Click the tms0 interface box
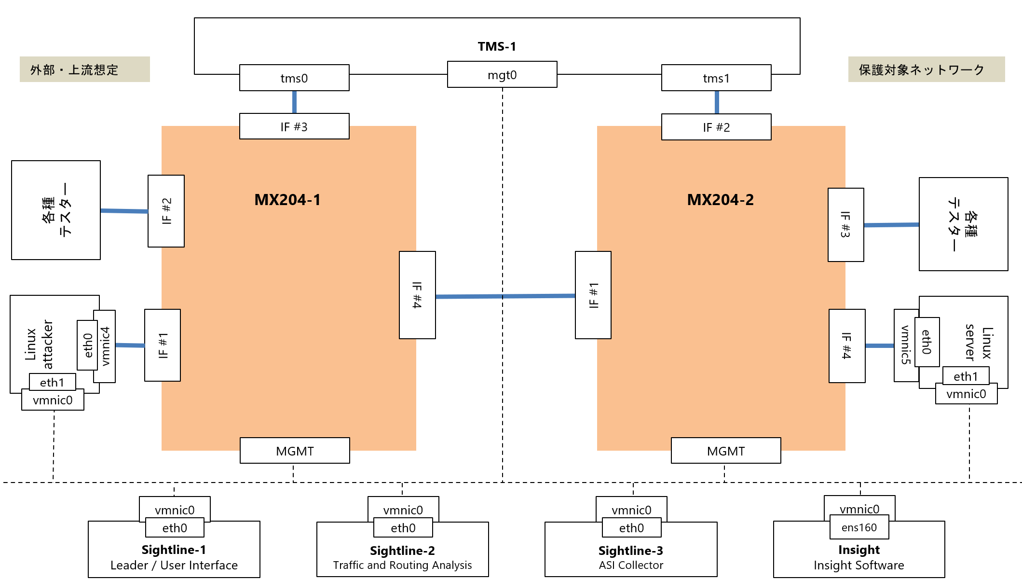294,78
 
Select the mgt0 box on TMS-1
502,75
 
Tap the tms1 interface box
716,78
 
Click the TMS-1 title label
497,46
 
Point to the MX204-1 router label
287,200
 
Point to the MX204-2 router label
720,200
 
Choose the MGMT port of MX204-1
295,451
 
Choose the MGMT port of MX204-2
726,451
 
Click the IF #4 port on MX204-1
417,295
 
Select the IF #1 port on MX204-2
593,295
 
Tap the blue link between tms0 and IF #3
294,102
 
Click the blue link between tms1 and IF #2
717,102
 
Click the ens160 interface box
859,527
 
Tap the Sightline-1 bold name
174,550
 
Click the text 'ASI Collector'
631,565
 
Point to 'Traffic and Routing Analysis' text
402,565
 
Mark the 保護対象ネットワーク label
921,69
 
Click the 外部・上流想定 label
74,70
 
